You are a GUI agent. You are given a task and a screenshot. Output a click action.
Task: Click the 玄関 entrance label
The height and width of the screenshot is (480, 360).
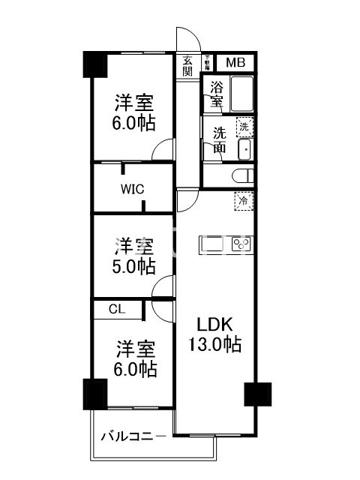pos(187,66)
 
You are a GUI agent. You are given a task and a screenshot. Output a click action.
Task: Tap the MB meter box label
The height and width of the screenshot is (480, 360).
pos(235,63)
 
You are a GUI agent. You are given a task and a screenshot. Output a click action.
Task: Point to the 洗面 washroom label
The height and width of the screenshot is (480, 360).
pos(219,139)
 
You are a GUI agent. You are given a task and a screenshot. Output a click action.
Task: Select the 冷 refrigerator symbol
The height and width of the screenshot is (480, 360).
pos(244,200)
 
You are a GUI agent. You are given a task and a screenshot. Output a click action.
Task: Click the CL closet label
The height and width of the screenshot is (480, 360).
pos(116,308)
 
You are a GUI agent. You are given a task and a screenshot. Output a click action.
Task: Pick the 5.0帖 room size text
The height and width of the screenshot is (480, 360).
pos(136,266)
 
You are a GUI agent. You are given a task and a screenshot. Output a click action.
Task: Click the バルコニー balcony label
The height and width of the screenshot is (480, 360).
pos(133,436)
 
